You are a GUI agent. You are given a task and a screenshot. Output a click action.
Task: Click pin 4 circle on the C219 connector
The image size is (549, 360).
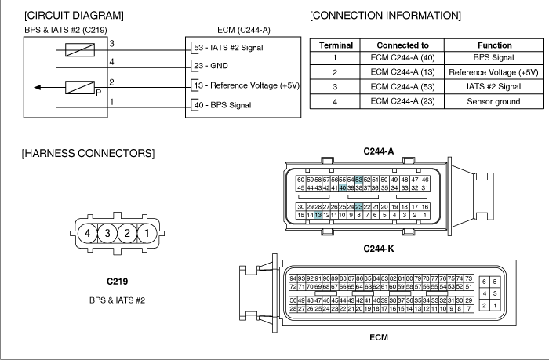click(87, 233)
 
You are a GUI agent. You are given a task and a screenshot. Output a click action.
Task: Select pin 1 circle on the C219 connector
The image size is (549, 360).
click(147, 233)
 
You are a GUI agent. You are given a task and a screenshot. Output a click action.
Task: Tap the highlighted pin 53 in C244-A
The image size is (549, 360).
click(358, 180)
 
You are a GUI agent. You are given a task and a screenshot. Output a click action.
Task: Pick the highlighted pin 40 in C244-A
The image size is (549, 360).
click(343, 188)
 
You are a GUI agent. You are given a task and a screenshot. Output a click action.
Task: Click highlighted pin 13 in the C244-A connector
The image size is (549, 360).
click(318, 215)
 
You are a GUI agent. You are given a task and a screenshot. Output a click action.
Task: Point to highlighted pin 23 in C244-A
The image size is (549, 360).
click(358, 207)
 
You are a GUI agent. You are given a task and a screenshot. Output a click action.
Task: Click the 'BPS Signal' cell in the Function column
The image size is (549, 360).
click(493, 58)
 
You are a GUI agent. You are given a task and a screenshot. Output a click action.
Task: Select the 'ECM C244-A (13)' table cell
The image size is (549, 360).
click(402, 72)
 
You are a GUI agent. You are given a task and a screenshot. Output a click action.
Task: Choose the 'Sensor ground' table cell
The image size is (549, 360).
click(493, 101)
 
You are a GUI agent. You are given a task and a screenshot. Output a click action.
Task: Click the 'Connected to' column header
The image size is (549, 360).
click(402, 45)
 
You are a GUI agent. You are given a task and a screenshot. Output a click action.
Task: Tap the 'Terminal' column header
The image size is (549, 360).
click(336, 45)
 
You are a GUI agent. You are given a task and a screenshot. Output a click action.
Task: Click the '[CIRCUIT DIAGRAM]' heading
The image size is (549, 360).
click(74, 16)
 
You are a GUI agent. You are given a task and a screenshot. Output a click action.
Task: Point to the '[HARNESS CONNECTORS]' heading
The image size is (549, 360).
click(88, 154)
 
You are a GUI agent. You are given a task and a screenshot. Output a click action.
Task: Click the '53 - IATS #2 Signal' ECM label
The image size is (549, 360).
click(229, 48)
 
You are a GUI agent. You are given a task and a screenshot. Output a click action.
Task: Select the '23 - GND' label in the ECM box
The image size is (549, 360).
click(211, 66)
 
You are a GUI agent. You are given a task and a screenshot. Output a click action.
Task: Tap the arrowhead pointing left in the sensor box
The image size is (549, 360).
click(37, 88)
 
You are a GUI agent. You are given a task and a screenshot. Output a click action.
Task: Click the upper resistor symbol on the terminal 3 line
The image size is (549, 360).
click(80, 49)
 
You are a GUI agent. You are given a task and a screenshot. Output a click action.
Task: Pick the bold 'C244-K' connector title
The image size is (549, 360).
click(379, 249)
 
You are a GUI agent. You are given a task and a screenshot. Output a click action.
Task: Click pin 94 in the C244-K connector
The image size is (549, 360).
click(293, 278)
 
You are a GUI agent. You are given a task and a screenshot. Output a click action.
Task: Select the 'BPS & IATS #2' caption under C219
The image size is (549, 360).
click(117, 300)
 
